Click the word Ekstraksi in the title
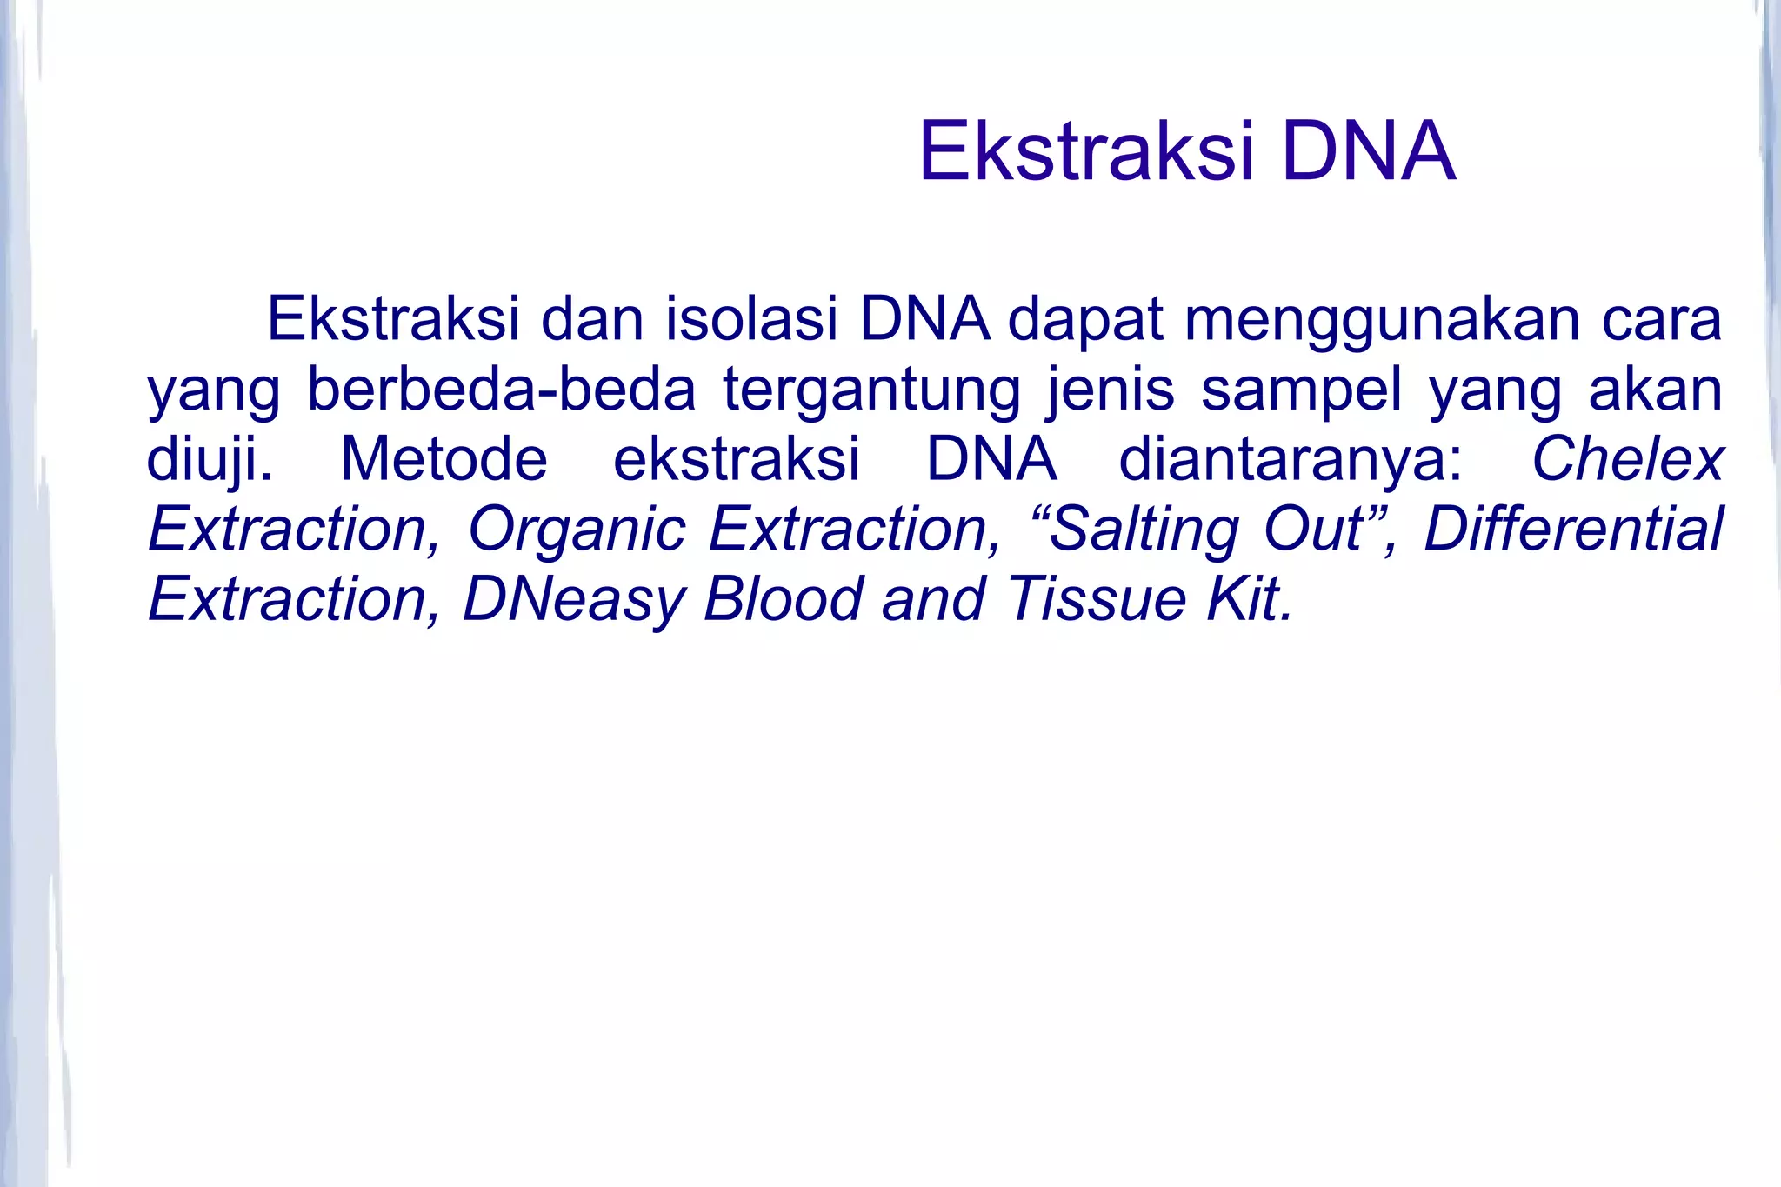(x=1087, y=153)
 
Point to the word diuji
(x=209, y=460)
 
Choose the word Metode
(x=444, y=460)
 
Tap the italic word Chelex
(x=1627, y=460)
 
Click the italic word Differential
(x=1573, y=530)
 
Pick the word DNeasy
(x=573, y=600)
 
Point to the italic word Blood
(x=783, y=600)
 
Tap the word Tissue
(x=1097, y=600)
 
